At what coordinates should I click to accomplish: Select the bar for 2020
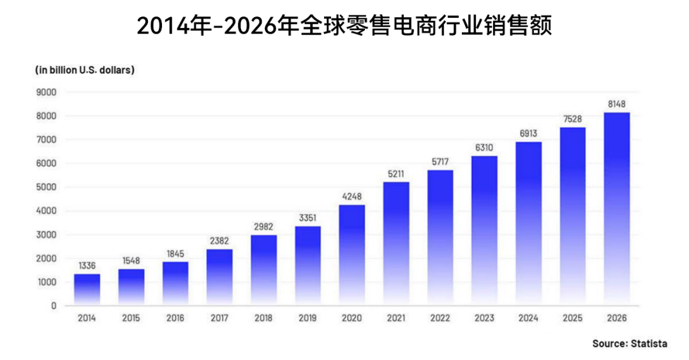[x=352, y=255]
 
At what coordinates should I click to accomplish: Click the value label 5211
[x=396, y=173]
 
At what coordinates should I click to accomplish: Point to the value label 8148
[x=617, y=103]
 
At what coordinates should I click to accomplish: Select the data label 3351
[x=308, y=217]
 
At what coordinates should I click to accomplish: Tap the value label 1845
[x=175, y=253]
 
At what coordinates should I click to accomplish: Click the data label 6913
[x=528, y=133]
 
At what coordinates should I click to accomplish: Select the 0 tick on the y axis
[x=54, y=306]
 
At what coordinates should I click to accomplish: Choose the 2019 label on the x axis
[x=308, y=317]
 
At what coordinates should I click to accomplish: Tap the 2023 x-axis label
[x=484, y=317]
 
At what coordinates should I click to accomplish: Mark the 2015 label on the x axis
[x=131, y=317]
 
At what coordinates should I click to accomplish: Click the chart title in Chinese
[x=344, y=27]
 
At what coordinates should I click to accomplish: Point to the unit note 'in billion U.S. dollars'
[x=84, y=70]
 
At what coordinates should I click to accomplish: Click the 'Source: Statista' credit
[x=629, y=343]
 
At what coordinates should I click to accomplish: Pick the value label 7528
[x=573, y=118]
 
